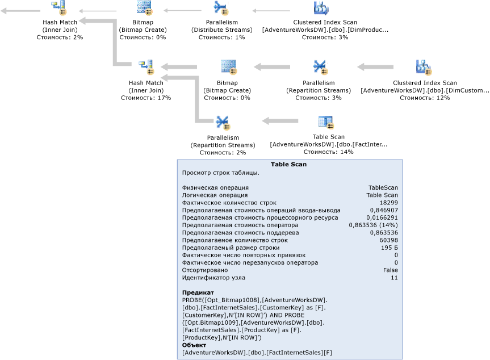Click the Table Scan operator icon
[325, 122]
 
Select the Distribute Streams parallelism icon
[220, 8]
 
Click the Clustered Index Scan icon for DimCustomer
[424, 67]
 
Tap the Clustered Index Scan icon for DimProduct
[321, 8]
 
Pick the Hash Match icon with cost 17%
[146, 67]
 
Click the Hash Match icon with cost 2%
[58, 8]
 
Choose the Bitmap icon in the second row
[228, 67]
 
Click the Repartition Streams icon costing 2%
[222, 122]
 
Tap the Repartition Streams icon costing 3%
[319, 67]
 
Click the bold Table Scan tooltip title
[288, 165]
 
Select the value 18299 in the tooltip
[388, 203]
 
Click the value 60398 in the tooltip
[388, 240]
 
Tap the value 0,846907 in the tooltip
[384, 210]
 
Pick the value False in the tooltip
[390, 270]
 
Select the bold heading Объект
[194, 345]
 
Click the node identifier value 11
[394, 278]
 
